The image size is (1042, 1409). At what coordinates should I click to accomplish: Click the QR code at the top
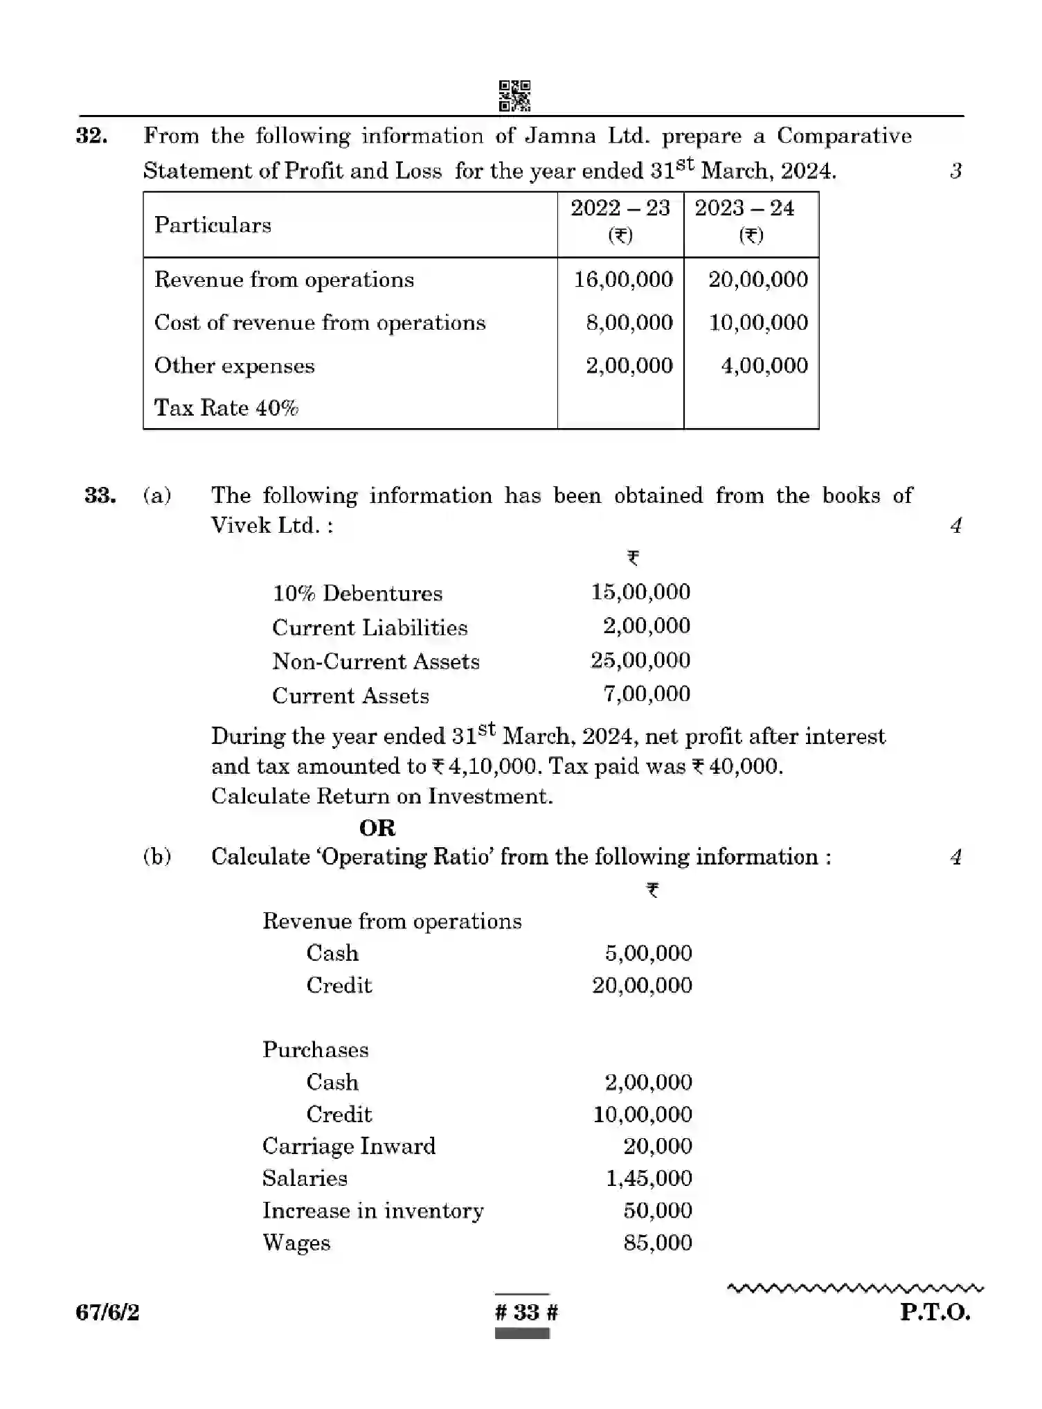pos(514,96)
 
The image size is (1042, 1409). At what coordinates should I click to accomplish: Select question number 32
pos(91,135)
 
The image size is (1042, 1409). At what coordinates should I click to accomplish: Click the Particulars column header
pos(213,225)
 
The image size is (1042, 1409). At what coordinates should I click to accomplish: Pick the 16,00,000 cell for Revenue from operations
pos(623,279)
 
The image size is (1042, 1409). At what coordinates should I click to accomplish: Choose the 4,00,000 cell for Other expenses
pos(764,365)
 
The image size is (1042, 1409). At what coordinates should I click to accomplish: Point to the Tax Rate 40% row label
pos(226,407)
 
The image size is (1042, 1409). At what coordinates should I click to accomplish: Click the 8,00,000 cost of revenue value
pos(629,322)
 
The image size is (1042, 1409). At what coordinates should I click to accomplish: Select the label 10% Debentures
pos(357,594)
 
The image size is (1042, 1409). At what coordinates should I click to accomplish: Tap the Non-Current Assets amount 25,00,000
pos(640,660)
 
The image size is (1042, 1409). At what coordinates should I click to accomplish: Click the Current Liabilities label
pos(370,628)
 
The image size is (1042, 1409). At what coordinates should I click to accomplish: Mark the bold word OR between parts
pos(377,828)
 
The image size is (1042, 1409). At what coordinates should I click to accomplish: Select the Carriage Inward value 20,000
pos(657,1146)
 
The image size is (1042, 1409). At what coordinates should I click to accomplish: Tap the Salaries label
pos(305,1178)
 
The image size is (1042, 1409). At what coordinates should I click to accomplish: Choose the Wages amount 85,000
pos(657,1243)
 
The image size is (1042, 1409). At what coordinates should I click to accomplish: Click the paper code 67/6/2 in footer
pos(108,1312)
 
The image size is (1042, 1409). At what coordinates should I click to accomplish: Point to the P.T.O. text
pos(935,1312)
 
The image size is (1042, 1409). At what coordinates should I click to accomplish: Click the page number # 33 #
pos(526,1312)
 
